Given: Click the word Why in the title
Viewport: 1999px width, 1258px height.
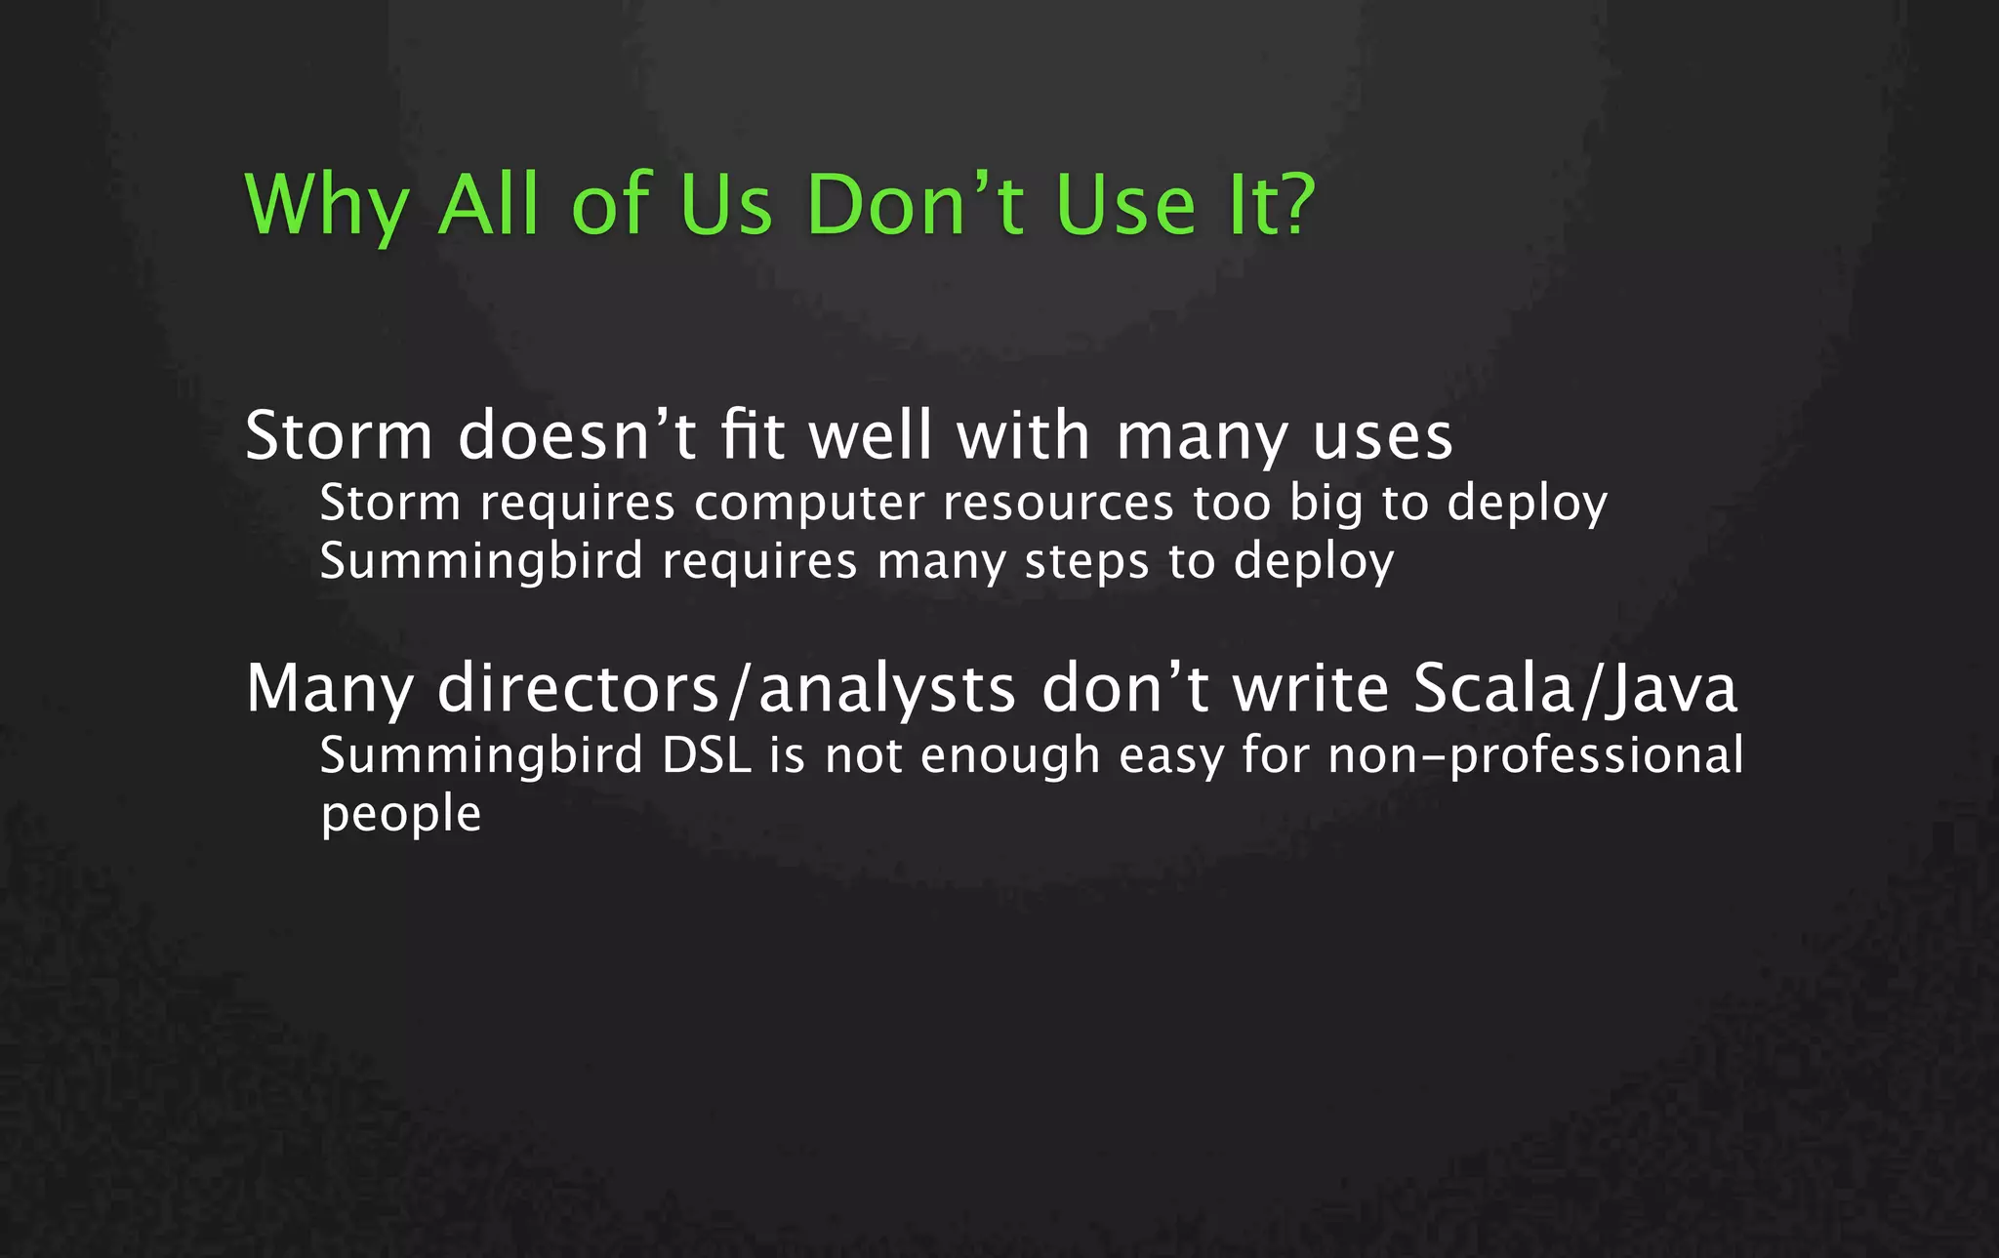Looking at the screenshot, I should point(325,206).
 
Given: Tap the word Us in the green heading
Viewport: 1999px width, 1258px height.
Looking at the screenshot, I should point(725,206).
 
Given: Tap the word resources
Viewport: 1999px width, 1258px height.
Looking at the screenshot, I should point(1058,504).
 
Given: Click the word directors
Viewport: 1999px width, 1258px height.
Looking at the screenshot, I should point(578,688).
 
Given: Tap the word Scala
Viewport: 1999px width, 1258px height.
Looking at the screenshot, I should point(1493,688).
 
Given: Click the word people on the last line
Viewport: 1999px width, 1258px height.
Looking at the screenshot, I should point(401,815).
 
